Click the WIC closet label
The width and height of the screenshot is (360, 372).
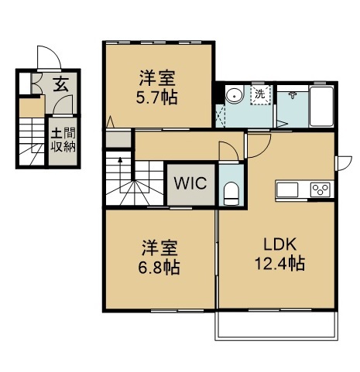190,183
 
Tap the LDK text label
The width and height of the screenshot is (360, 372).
279,244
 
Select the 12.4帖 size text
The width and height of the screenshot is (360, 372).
280,263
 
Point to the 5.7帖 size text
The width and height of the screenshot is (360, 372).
156,97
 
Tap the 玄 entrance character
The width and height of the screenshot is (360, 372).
60,84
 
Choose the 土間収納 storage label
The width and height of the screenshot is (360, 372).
63,141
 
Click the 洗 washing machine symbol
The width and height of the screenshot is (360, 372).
260,94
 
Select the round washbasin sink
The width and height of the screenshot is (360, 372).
235,95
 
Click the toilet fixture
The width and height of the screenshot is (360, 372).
231,193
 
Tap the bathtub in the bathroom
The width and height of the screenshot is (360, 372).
322,107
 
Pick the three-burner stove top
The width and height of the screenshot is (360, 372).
320,189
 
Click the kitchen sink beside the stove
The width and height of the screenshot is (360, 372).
287,189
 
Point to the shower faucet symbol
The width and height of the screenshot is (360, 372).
293,95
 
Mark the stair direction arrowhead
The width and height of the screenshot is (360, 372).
120,159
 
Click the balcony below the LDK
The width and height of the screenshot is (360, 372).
276,325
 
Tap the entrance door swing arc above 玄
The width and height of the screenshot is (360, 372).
50,57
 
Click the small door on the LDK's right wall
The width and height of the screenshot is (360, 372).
344,163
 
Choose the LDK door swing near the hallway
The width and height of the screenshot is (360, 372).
259,145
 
